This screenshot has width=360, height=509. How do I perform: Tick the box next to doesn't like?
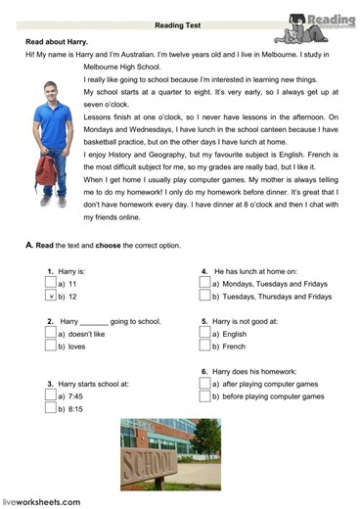[x=51, y=333]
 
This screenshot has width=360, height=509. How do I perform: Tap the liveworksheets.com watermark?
[x=41, y=501]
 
